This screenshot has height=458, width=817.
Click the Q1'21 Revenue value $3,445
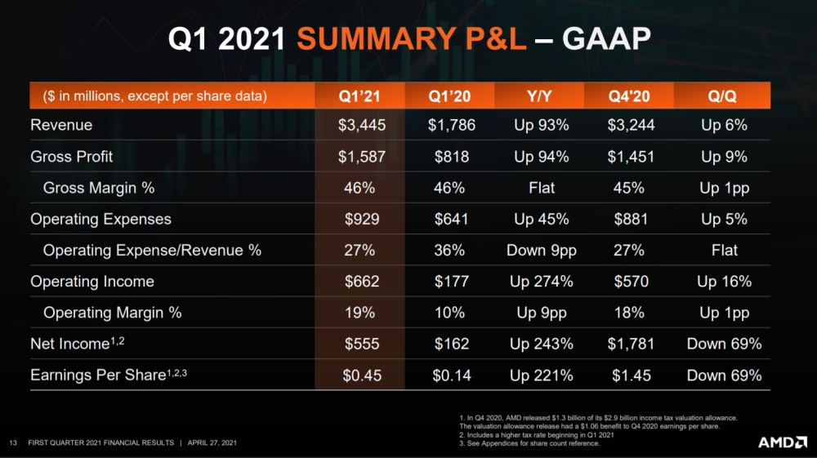361,126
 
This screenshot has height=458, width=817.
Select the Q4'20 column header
629,96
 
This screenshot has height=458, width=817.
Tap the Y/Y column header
540,96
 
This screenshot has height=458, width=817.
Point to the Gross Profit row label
72,157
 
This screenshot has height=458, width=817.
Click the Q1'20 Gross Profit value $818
452,157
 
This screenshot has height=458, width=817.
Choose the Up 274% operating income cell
541,282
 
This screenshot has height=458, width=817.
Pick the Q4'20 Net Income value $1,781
631,345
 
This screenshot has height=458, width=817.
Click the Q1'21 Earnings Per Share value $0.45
361,376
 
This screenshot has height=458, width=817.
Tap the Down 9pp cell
541,251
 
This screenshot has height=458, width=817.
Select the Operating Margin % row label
112,313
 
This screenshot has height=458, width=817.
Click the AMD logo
783,442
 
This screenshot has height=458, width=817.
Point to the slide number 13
13,442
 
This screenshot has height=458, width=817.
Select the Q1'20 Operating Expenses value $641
452,220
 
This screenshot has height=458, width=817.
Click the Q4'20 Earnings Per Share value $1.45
631,376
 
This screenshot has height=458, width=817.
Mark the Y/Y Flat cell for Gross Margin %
541,188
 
